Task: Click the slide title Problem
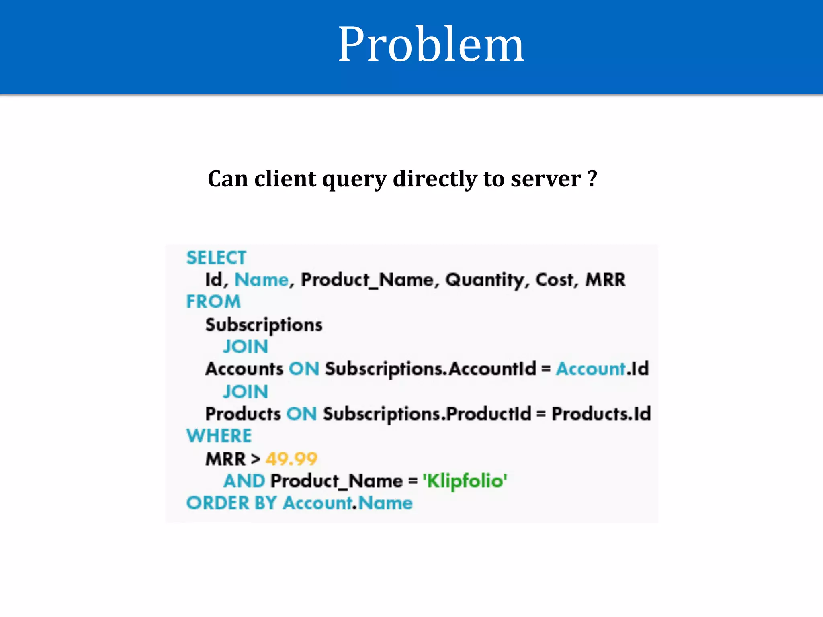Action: [x=431, y=44]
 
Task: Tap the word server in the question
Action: [x=546, y=179]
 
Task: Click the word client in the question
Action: [x=285, y=179]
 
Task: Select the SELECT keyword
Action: [x=216, y=258]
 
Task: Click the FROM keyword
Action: [x=213, y=302]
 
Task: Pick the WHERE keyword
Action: [x=219, y=436]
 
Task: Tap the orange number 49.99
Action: [x=291, y=459]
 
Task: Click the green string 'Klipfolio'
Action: [x=465, y=481]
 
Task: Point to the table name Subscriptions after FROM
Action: [x=264, y=325]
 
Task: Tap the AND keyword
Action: [x=244, y=481]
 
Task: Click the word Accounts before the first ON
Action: [x=244, y=369]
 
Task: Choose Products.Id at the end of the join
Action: [x=601, y=414]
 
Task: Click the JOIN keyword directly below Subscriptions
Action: [x=246, y=347]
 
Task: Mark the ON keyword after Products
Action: [x=301, y=414]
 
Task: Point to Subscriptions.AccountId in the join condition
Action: [x=430, y=369]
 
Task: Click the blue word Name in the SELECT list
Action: [x=262, y=280]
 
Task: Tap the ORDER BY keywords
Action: [x=231, y=503]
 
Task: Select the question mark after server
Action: [x=592, y=179]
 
